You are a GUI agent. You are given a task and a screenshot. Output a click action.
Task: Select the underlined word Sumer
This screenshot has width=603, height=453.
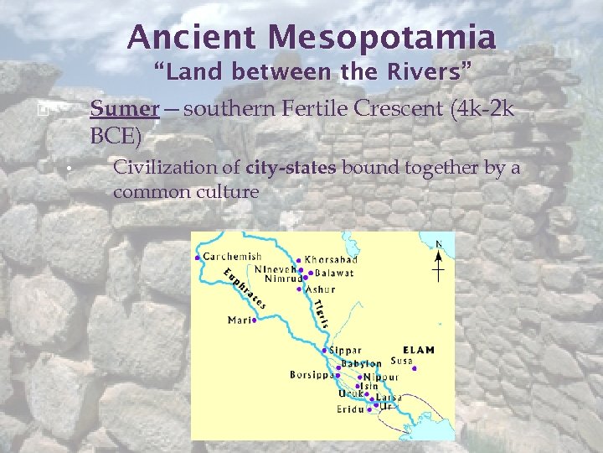pos(124,109)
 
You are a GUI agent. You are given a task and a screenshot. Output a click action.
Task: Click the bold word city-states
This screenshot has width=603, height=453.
pos(291,167)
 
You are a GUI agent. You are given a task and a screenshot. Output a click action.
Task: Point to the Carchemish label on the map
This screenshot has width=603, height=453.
pos(232,257)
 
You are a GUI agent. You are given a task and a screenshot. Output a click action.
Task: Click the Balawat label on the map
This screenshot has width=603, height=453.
pos(334,273)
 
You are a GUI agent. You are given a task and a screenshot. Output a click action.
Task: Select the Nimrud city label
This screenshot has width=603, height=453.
pos(282,279)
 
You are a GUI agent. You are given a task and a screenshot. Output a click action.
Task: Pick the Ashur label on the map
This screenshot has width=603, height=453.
pos(320,289)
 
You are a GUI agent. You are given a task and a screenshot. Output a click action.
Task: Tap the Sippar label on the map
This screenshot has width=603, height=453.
pos(346,351)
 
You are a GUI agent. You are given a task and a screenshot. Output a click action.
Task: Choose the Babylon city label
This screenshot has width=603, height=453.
pos(362,364)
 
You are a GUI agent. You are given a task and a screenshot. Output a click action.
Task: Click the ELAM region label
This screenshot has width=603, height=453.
pos(419,350)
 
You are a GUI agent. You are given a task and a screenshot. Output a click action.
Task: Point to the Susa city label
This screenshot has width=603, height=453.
pos(402,362)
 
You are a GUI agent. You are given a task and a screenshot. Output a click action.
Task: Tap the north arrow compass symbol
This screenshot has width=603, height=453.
pos(438,263)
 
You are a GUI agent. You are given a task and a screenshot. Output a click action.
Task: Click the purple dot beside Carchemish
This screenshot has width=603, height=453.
pos(197,258)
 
